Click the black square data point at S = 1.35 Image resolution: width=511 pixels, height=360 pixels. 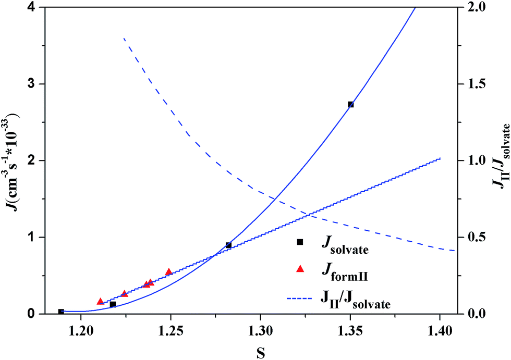350,104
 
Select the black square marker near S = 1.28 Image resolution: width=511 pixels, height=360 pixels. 228,245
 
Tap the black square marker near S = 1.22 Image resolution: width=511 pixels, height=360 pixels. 113,304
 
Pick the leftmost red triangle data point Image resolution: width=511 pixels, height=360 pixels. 101,302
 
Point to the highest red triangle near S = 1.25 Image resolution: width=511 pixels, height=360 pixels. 168,272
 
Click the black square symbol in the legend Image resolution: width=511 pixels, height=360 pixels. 299,242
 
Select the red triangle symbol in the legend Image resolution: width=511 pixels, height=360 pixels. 299,269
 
